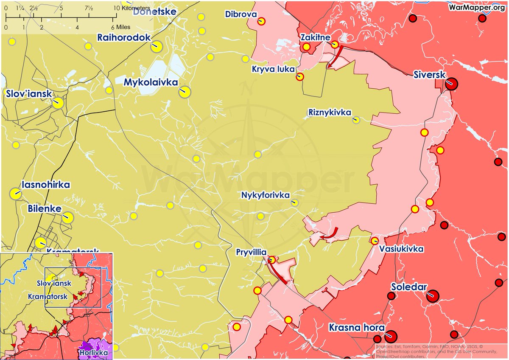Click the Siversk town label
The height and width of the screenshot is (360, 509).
429,75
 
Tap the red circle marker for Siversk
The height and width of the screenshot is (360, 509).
452,84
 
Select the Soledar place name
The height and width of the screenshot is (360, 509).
409,287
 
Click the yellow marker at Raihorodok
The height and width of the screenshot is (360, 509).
157,47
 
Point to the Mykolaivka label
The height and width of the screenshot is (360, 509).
151,82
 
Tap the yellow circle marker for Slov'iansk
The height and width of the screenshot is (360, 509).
58,103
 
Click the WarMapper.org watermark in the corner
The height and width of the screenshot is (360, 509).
477,8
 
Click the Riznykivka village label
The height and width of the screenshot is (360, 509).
330,112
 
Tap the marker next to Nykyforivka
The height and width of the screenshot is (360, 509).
295,203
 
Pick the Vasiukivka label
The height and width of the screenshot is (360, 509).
401,249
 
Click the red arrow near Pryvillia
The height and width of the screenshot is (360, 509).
278,272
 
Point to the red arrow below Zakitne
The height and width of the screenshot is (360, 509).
335,59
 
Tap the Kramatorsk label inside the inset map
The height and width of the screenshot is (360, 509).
48,296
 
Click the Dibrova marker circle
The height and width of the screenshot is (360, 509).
262,21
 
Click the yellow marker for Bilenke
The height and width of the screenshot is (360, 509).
68,218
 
